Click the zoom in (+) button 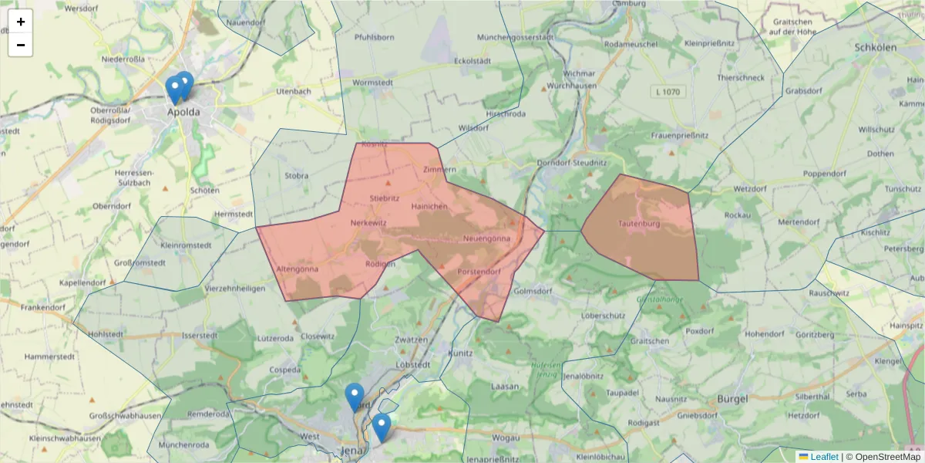(x=21, y=22)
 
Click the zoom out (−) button (x=21, y=45)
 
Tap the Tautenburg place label (x=640, y=225)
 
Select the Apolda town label (x=183, y=112)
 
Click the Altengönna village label (x=297, y=269)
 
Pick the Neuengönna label (x=487, y=239)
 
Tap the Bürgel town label (x=733, y=398)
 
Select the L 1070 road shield (x=667, y=92)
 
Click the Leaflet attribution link (x=824, y=457)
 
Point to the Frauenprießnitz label (x=680, y=135)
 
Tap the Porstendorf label (x=479, y=272)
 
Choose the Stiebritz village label (x=385, y=198)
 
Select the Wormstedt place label (x=372, y=83)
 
